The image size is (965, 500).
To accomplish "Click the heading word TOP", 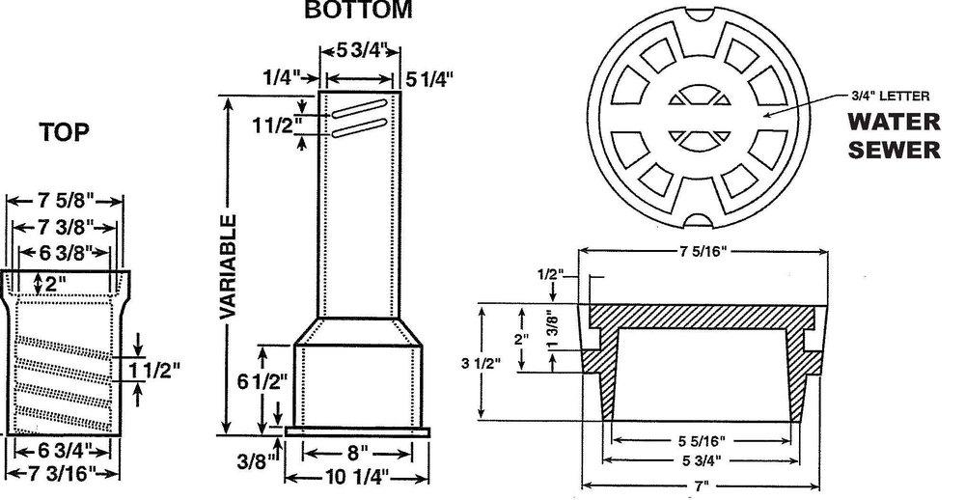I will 65,134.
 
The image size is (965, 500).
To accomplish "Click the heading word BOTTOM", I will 357,11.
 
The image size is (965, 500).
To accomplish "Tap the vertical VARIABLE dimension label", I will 228,264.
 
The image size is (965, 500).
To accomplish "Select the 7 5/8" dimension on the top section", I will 65,202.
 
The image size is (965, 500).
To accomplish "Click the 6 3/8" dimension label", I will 64,253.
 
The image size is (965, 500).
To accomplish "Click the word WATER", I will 892,123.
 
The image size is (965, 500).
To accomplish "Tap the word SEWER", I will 892,150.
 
